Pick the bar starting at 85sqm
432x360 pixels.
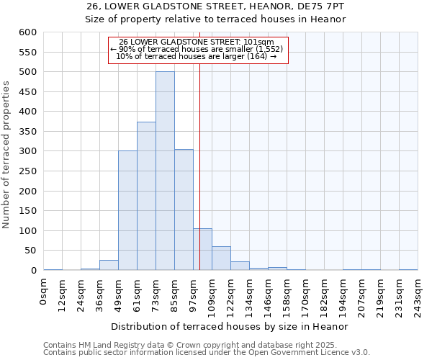tap(184, 210)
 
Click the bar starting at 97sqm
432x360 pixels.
tap(202, 249)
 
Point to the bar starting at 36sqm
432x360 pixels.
tap(109, 265)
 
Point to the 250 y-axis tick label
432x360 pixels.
tap(27, 171)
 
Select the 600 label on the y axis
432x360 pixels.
tap(27, 32)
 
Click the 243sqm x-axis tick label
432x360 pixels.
tap(418, 293)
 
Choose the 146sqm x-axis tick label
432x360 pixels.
tap(268, 293)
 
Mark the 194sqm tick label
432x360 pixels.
tap(343, 293)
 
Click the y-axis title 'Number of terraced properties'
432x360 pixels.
tap(7, 154)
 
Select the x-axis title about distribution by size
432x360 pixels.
tap(230, 326)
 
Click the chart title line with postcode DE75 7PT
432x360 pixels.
tap(215, 6)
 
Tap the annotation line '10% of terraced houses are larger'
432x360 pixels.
tap(196, 56)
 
